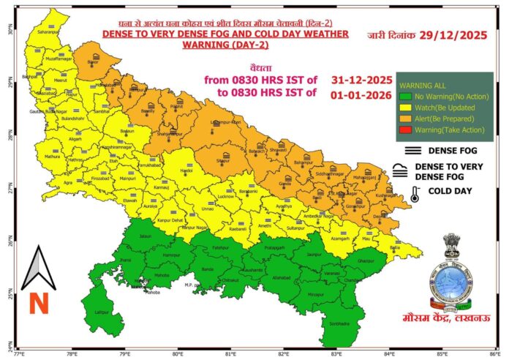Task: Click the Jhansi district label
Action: (x=126, y=260)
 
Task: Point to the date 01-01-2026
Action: (x=357, y=92)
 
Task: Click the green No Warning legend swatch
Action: (x=403, y=97)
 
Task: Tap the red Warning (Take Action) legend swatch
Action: (x=403, y=130)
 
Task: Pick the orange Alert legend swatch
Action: (x=403, y=119)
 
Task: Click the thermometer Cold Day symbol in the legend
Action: (x=415, y=194)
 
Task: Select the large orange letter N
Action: (x=39, y=302)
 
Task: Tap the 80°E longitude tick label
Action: (x=178, y=354)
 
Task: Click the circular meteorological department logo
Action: (x=450, y=284)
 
